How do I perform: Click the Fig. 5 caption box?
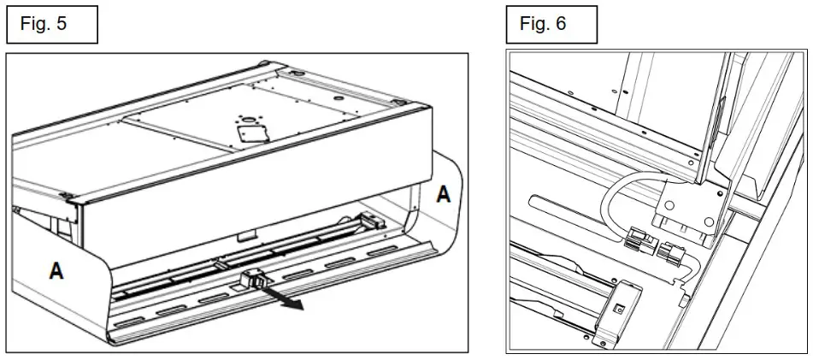[x=52, y=24]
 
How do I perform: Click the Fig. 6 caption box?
[x=551, y=24]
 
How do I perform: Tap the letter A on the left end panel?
[x=56, y=271]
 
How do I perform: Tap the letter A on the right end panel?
[x=443, y=194]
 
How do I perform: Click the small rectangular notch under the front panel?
[x=246, y=232]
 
